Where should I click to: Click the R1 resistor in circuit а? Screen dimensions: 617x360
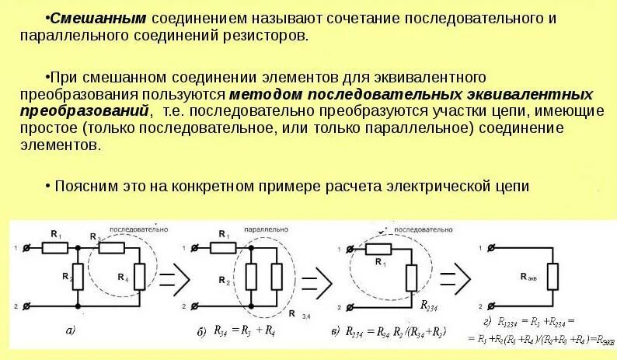56,248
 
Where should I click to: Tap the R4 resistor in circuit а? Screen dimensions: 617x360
141,276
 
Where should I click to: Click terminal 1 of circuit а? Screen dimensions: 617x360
28,248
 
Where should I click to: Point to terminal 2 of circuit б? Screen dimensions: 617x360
188,305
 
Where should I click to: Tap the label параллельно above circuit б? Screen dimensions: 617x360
266,231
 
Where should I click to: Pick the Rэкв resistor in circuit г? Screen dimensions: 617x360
551,275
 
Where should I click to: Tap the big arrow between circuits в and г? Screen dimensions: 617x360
455,274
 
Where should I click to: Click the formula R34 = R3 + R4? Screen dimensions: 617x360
240,331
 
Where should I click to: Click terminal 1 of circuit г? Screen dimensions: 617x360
489,249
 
